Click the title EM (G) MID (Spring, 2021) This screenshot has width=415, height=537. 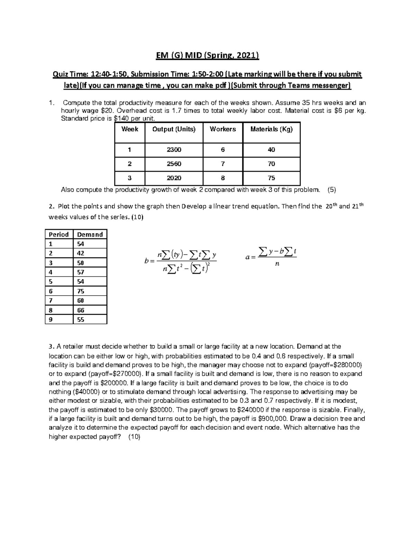(207, 56)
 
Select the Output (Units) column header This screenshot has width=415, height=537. (174, 129)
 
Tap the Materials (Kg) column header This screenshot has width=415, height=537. (271, 129)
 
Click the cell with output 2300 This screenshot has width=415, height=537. (174, 150)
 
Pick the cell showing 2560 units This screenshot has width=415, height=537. (174, 164)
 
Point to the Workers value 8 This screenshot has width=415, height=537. (223, 178)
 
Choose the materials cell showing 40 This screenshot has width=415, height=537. (271, 150)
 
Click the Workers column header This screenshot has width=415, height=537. (223, 129)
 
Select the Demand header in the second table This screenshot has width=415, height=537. (90, 234)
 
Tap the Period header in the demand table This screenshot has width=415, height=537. (59, 234)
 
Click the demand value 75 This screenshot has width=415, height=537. (81, 291)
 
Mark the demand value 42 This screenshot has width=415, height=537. (81, 253)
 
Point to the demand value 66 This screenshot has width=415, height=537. (81, 310)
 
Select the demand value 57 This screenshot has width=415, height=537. (81, 272)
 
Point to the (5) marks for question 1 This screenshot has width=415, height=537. (332, 190)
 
